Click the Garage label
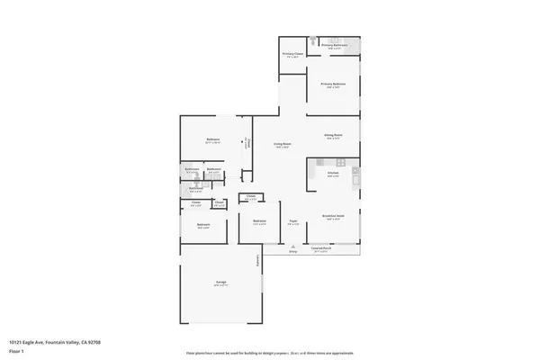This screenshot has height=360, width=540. (x=220, y=283)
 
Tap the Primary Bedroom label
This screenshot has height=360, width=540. (x=334, y=85)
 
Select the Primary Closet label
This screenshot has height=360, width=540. (x=292, y=54)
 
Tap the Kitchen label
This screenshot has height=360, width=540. (x=333, y=174)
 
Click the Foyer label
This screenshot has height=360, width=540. (x=293, y=220)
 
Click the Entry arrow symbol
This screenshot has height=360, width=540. (x=292, y=246)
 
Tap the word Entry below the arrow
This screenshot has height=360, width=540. (x=292, y=252)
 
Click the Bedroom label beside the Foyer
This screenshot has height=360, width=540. (x=259, y=220)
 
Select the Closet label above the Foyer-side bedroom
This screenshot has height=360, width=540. (x=252, y=197)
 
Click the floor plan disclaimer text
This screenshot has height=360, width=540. (x=270, y=353)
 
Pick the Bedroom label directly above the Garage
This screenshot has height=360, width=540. (x=204, y=225)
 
